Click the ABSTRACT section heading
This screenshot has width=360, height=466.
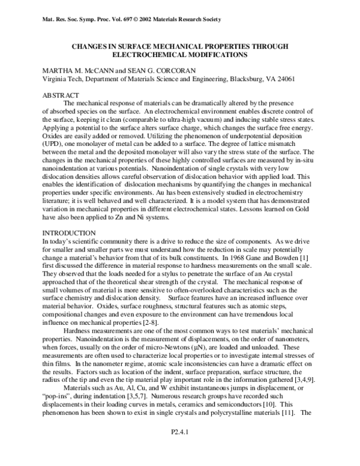[x=62, y=95]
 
